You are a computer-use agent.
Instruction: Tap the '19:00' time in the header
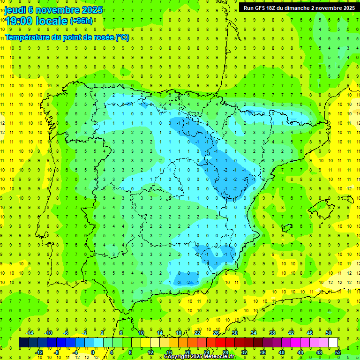(19, 21)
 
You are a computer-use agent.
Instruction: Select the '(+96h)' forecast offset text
(82, 21)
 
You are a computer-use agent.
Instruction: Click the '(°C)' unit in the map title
(122, 37)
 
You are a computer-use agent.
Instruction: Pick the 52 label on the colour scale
(338, 352)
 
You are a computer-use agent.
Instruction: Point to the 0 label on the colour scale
(93, 352)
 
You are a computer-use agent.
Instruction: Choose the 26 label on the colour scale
(216, 333)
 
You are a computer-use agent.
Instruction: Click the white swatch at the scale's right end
(333, 343)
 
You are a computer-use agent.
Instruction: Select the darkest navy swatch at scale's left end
(23, 343)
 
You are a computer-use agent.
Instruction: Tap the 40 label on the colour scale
(282, 352)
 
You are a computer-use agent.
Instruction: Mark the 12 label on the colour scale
(150, 352)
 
